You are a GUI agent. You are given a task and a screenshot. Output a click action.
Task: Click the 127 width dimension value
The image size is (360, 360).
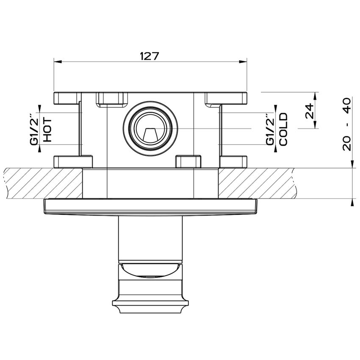click(150, 56)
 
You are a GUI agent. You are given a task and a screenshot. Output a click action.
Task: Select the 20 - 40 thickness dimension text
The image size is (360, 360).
click(346, 124)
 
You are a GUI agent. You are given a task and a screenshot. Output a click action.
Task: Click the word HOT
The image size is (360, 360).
click(47, 130)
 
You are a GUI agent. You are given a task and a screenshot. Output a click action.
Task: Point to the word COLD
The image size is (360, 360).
click(283, 129)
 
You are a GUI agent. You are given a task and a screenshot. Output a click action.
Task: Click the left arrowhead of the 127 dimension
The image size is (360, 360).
click(58, 61)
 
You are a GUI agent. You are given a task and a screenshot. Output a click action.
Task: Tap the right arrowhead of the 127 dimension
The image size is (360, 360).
click(243, 61)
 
